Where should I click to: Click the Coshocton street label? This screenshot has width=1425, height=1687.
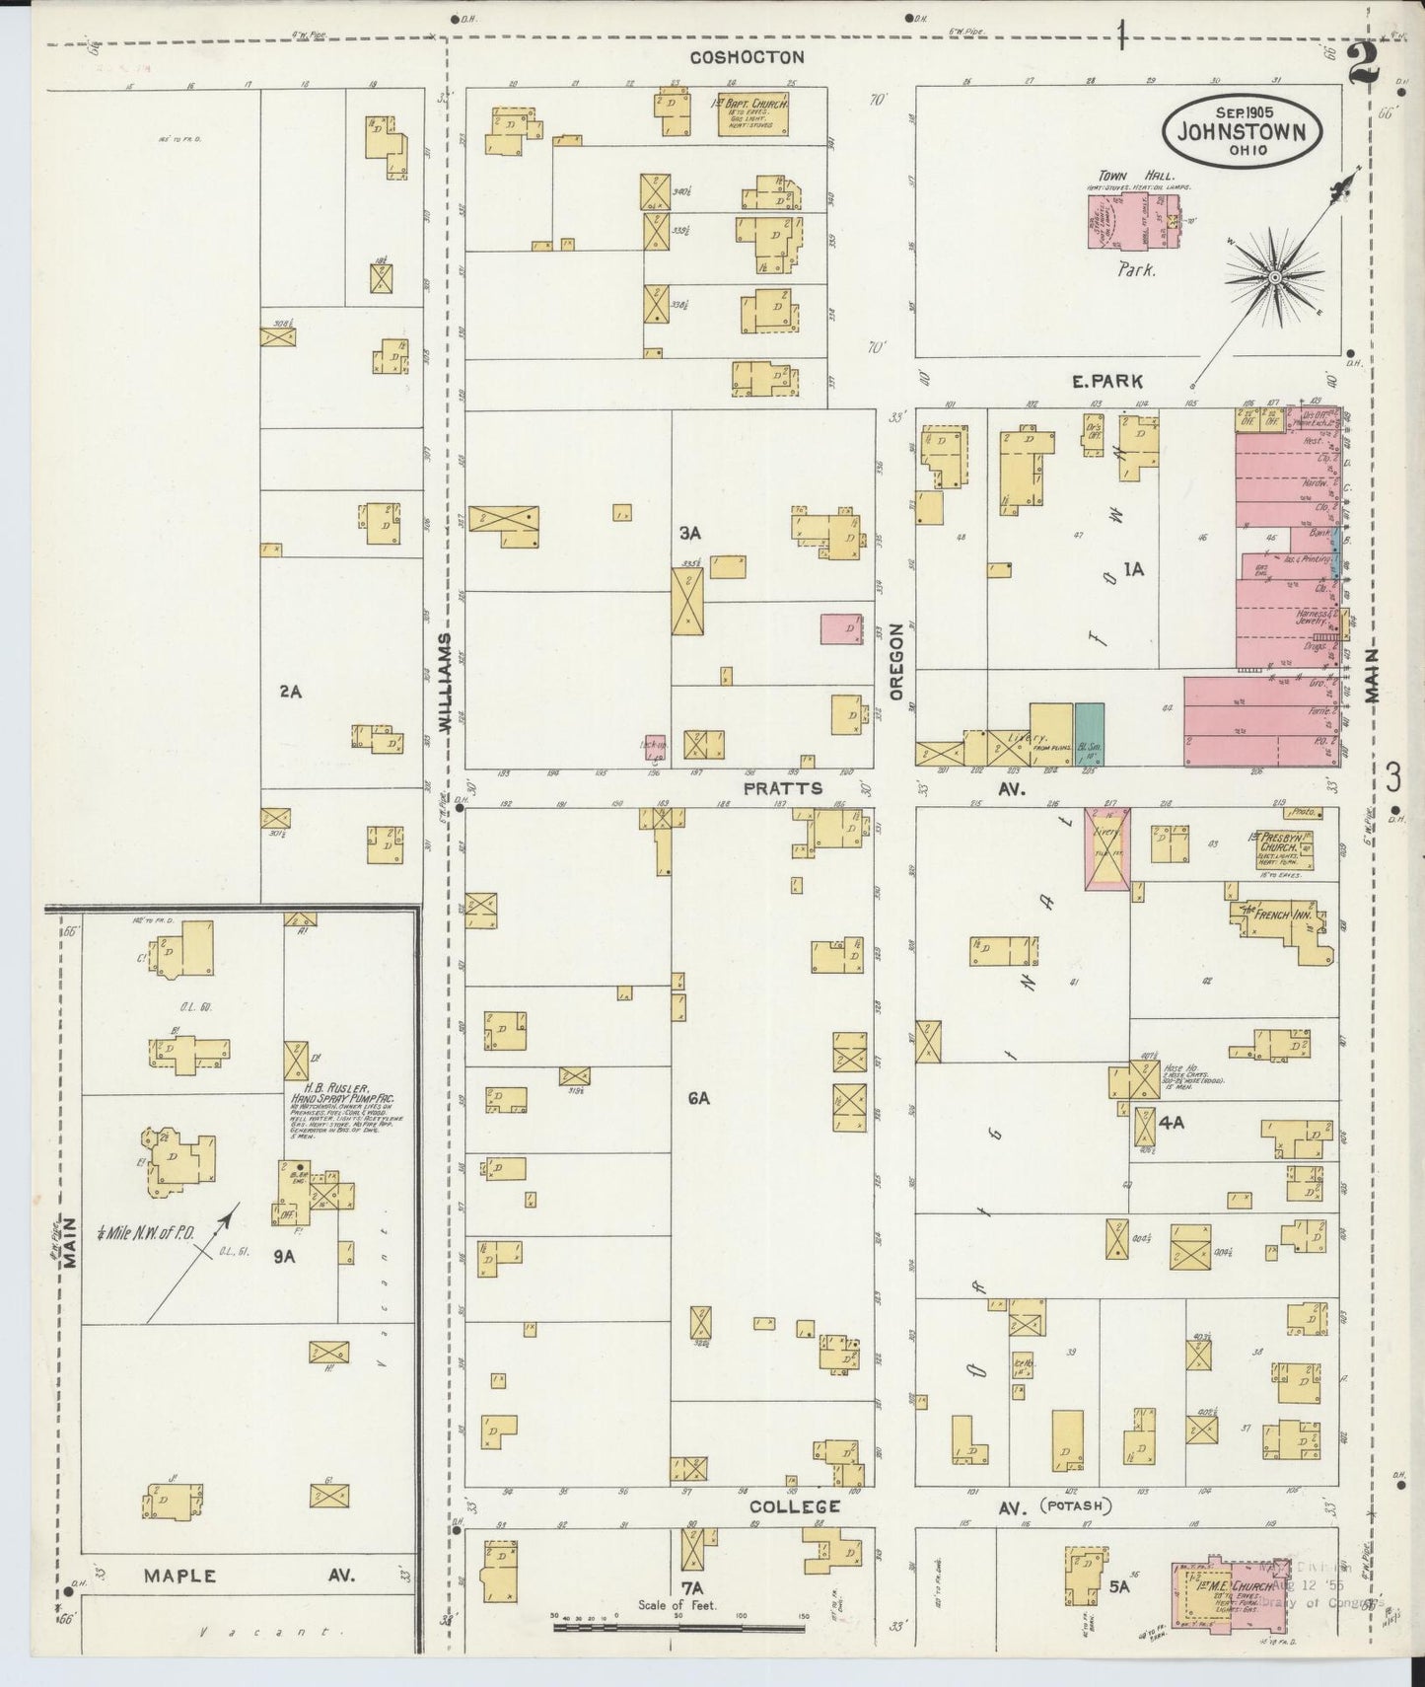coord(747,57)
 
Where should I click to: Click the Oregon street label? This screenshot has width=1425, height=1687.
coord(896,661)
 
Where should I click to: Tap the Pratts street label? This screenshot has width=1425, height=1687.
coord(782,788)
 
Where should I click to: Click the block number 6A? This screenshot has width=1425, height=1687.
coord(699,1097)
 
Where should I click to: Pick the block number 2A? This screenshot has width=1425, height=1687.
coord(290,692)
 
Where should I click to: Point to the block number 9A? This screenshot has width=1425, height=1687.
coord(285,1257)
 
